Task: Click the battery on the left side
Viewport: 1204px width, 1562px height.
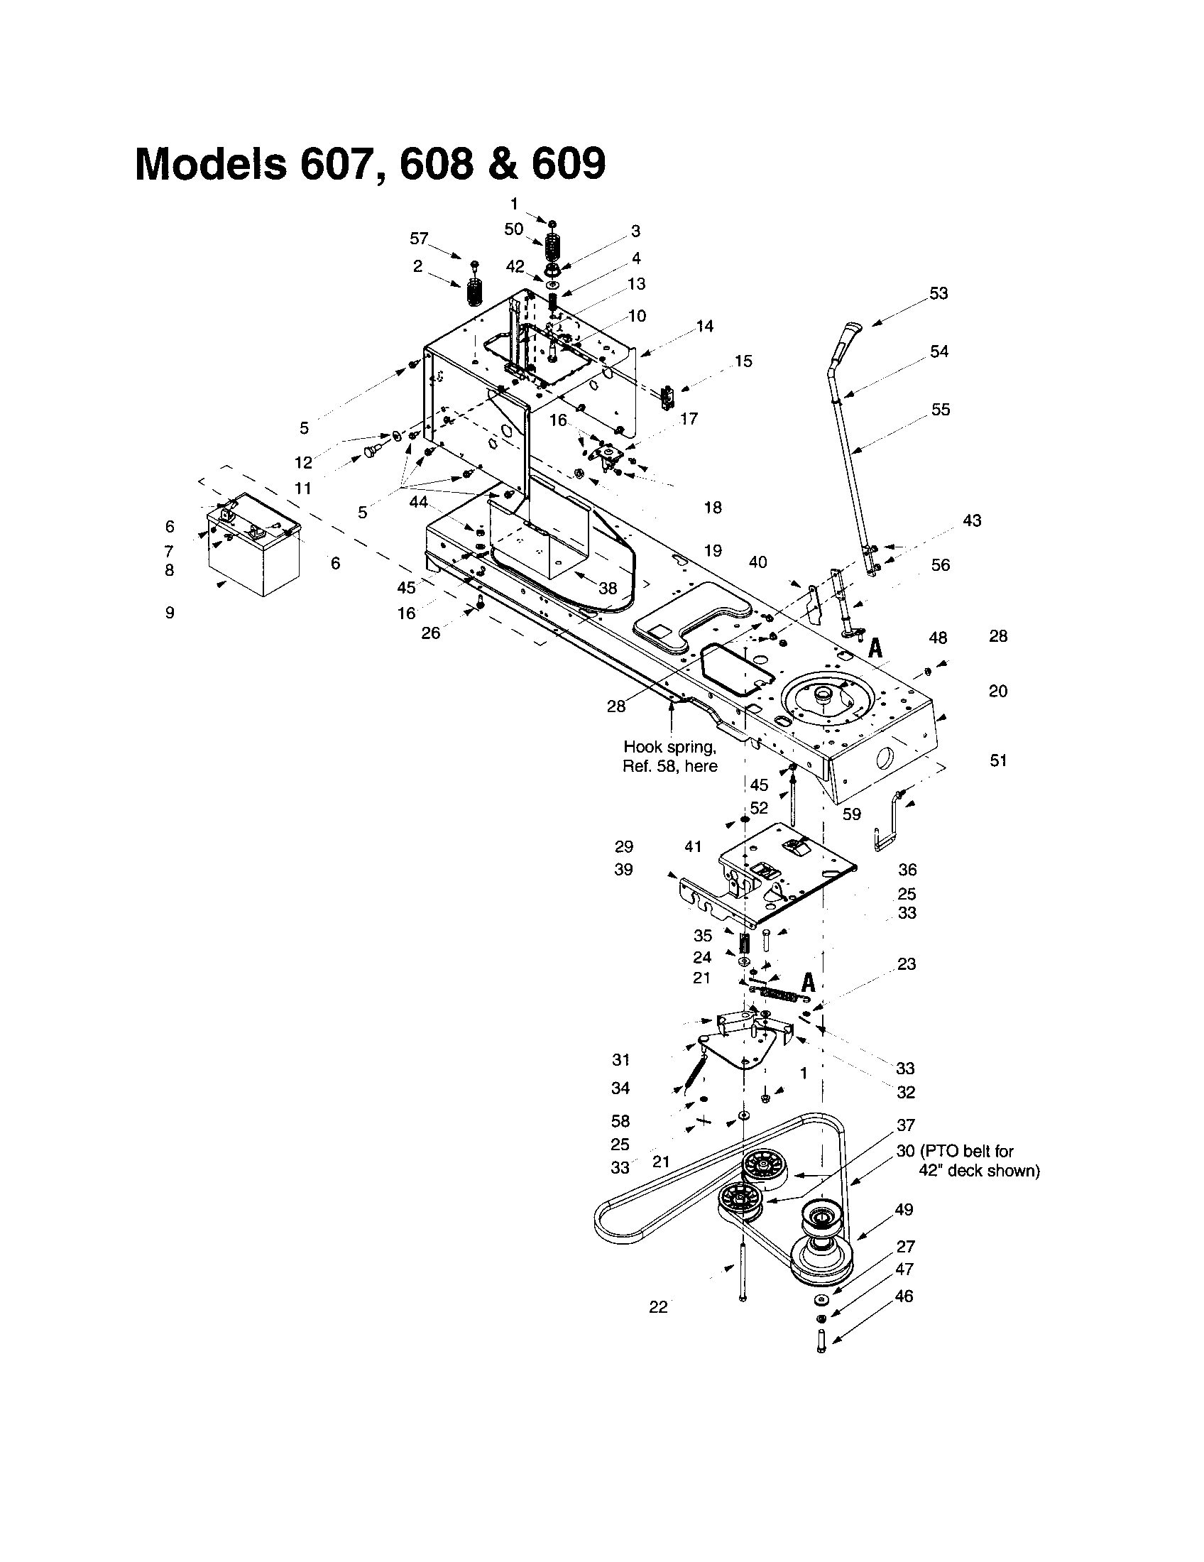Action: (254, 547)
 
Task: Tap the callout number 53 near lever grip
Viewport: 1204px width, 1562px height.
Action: (938, 293)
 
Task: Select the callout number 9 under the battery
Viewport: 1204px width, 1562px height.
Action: (170, 613)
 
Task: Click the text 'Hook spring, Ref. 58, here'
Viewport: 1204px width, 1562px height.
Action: (670, 756)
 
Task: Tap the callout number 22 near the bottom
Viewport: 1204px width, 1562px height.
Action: (658, 1306)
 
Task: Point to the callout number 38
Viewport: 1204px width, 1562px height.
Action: (608, 588)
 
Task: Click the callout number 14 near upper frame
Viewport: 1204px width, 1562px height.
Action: (704, 326)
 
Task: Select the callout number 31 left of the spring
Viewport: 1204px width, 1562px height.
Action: (620, 1060)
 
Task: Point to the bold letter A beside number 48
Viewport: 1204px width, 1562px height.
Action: (875, 648)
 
